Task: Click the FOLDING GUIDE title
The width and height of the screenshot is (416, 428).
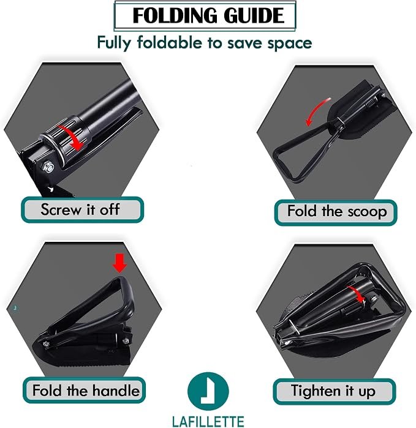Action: pos(208,15)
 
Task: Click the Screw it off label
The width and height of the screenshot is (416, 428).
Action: pos(80,209)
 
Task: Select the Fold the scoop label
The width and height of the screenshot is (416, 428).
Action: pos(337,211)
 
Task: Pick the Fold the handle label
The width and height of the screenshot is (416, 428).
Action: pos(86,390)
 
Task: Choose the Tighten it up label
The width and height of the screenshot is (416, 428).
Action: pos(333,391)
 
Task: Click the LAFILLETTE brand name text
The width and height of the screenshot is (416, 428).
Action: pos(208,421)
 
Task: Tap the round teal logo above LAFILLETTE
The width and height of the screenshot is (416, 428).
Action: pos(208,392)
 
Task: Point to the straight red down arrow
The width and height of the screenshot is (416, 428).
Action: pos(119,263)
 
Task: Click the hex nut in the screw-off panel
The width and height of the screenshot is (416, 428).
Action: pos(48,168)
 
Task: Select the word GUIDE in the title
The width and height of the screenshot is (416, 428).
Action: pos(254,15)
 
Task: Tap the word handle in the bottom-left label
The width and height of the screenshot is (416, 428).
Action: pos(116,390)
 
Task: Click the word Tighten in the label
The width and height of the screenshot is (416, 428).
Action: pos(316,391)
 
